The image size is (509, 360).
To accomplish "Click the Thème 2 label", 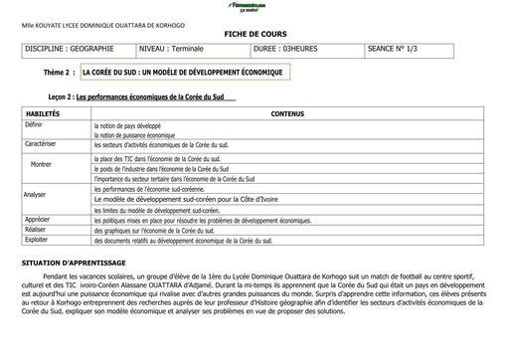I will point(58,73).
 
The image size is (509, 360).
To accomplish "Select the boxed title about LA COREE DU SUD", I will point(184,73).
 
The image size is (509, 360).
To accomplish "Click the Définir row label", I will point(35,126).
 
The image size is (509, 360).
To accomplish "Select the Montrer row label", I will point(41,164).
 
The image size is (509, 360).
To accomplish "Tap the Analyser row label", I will point(36,195).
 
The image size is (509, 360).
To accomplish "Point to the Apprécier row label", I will point(38,219).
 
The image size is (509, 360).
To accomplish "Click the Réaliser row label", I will point(36,229).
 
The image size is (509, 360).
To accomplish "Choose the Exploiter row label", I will point(37,240).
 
